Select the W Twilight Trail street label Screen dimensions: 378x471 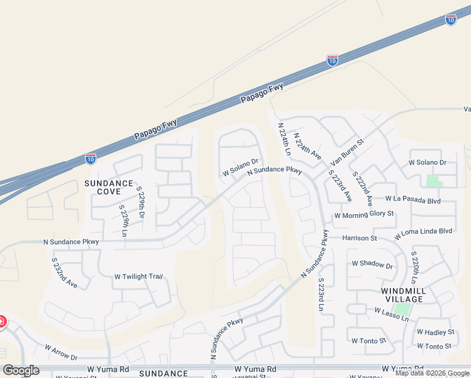point(139,277)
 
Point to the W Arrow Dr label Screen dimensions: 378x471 point(61,352)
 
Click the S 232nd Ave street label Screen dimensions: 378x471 point(64,273)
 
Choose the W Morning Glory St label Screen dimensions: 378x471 point(364,214)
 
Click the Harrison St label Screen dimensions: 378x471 point(360,238)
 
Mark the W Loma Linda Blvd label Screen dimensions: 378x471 point(424,232)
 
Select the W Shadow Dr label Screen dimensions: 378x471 point(372,264)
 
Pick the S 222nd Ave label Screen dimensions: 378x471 point(363,186)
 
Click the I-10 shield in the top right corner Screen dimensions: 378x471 point(450,20)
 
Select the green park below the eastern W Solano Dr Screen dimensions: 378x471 point(434,181)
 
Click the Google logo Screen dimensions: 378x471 point(21,370)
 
